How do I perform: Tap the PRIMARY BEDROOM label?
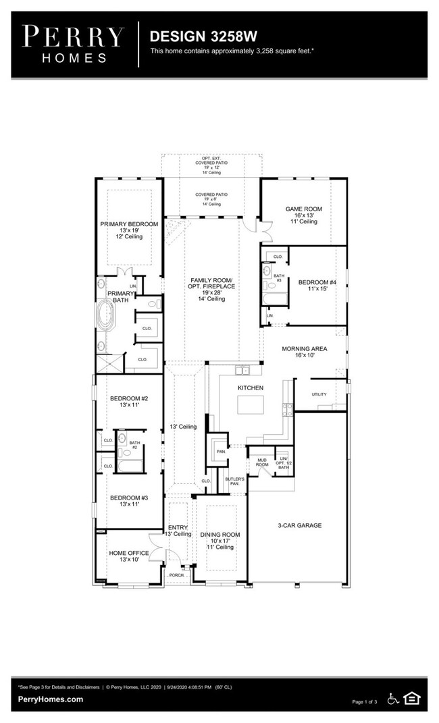(129, 224)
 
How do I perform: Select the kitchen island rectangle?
(250, 405)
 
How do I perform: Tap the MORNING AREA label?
(304, 348)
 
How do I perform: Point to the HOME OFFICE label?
(129, 554)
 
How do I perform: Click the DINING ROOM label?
(220, 535)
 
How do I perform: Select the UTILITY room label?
(319, 394)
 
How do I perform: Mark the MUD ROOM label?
(262, 462)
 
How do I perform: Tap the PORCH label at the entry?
(176, 575)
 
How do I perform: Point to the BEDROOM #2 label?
(128, 398)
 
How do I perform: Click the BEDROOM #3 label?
(128, 498)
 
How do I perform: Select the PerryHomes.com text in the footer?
(51, 699)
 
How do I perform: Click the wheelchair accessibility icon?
(394, 699)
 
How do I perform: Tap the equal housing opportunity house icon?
(411, 699)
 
